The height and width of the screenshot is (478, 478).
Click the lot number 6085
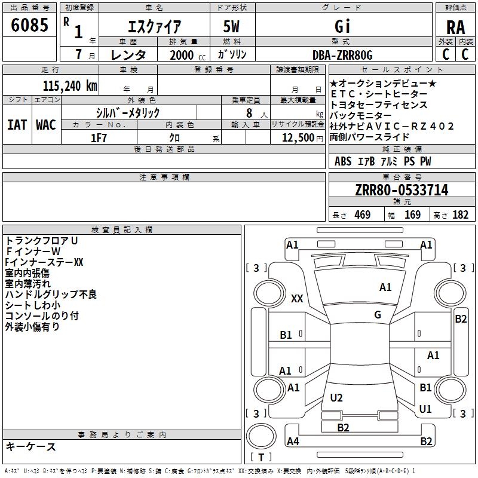pyautogui.click(x=30, y=26)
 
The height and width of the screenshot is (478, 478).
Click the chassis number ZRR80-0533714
pyautogui.click(x=401, y=191)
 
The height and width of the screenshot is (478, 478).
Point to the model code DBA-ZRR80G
pyautogui.click(x=342, y=55)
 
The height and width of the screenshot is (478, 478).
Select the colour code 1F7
pyautogui.click(x=99, y=137)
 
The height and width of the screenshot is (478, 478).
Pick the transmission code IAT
pyautogui.click(x=17, y=124)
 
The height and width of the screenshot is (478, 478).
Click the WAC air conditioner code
pyautogui.click(x=46, y=124)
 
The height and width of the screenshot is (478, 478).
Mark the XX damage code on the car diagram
pyautogui.click(x=297, y=298)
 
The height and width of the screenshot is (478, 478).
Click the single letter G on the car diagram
pyautogui.click(x=378, y=315)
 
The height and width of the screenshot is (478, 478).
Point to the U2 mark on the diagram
pyautogui.click(x=336, y=397)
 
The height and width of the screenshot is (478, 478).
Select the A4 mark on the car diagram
pyautogui.click(x=293, y=442)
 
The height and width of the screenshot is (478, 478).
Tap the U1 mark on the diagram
pyautogui.click(x=425, y=409)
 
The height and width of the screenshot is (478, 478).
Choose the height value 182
pyautogui.click(x=461, y=215)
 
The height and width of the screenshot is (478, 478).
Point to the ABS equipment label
pyautogui.click(x=343, y=161)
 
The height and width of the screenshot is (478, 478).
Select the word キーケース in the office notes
pyautogui.click(x=31, y=447)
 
